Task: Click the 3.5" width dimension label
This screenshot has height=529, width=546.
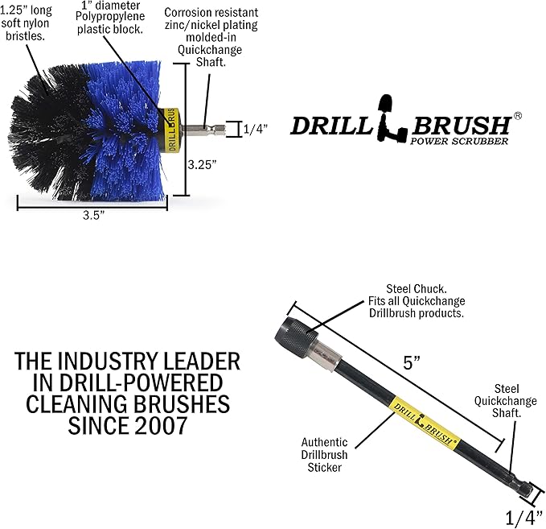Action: click(x=93, y=215)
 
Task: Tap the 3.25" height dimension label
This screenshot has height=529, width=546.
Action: click(x=202, y=164)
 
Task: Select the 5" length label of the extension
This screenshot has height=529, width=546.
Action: click(x=412, y=362)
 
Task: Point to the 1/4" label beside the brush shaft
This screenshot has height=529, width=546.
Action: click(x=255, y=129)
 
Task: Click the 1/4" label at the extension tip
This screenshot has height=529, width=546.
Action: click(x=523, y=518)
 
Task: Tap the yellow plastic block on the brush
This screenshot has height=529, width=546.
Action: click(x=171, y=130)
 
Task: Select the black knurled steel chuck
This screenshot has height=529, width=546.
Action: click(x=296, y=337)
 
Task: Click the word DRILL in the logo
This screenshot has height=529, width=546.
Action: click(x=332, y=126)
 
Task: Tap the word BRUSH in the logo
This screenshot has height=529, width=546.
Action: click(x=460, y=126)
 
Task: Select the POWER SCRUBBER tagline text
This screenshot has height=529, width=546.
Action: click(x=459, y=141)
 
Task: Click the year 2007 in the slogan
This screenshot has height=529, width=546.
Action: click(x=162, y=426)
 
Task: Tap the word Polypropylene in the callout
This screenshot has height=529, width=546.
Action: click(x=110, y=17)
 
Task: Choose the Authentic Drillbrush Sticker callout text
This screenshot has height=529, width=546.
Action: click(x=324, y=455)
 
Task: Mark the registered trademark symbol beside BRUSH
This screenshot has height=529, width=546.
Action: click(x=518, y=116)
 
